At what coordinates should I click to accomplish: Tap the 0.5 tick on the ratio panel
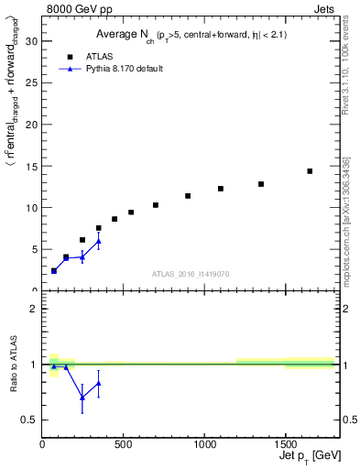pyautogui.click(x=30, y=420)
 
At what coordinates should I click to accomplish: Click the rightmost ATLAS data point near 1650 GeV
pyautogui.click(x=310, y=171)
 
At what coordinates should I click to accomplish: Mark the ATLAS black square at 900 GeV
pyautogui.click(x=188, y=196)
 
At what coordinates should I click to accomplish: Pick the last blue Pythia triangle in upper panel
pyautogui.click(x=99, y=242)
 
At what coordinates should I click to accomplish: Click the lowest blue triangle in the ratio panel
pyautogui.click(x=82, y=397)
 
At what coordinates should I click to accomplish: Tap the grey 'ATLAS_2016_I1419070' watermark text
pyautogui.click(x=190, y=273)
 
